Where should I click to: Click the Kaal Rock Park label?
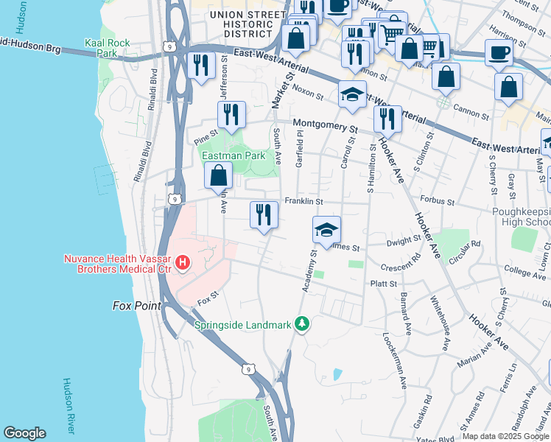pyautogui.click(x=107, y=49)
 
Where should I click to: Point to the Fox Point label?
pyautogui.click(x=136, y=305)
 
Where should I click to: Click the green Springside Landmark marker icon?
pyautogui.click(x=301, y=323)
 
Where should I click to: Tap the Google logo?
pyautogui.click(x=24, y=433)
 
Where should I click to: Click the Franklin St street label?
pyautogui.click(x=304, y=201)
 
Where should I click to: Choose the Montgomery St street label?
pyautogui.click(x=325, y=125)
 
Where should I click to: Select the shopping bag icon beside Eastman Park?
pyautogui.click(x=218, y=176)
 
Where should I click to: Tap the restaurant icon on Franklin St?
pyautogui.click(x=264, y=215)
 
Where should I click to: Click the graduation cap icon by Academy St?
pyautogui.click(x=326, y=229)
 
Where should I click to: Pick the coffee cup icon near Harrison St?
pyautogui.click(x=499, y=52)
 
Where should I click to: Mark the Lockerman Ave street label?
pyautogui.click(x=394, y=360)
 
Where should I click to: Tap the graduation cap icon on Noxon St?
pyautogui.click(x=352, y=94)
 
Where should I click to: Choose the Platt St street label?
pyautogui.click(x=383, y=283)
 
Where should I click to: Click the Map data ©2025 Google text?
pyautogui.click(x=505, y=436)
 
